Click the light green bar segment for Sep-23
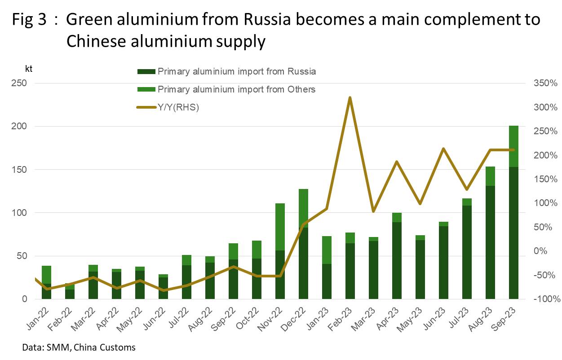point(513,146)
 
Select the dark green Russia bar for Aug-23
point(490,242)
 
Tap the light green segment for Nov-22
point(280,227)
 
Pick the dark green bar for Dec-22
point(303,263)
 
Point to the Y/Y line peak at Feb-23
point(350,97)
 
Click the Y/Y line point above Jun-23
point(443,149)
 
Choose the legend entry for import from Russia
point(237,71)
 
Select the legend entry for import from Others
point(236,89)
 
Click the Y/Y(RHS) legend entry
point(178,107)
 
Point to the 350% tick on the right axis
point(544,83)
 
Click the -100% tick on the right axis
point(544,299)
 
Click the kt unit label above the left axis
point(28,69)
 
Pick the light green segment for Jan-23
point(327,250)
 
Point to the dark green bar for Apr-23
point(397,260)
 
